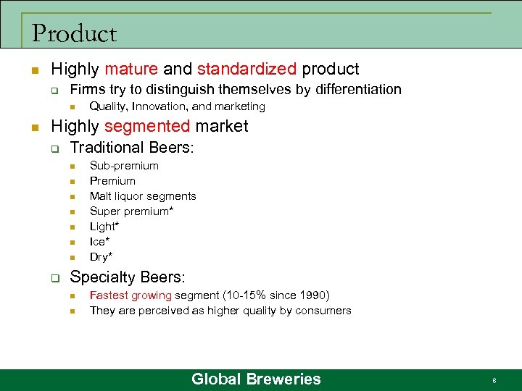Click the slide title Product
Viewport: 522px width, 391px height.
tap(74, 33)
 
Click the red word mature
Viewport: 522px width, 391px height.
tap(130, 70)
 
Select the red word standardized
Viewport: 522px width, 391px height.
tap(246, 70)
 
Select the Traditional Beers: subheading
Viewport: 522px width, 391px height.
tap(132, 148)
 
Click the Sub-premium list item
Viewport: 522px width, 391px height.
tap(124, 166)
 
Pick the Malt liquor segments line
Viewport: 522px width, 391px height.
tap(143, 196)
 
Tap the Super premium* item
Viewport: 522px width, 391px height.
tap(133, 211)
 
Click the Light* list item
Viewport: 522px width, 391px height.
tap(104, 227)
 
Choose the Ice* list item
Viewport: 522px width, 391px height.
tap(100, 242)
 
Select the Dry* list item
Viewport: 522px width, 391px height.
tap(101, 257)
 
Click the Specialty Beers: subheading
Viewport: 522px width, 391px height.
tap(128, 277)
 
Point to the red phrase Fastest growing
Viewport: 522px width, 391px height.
tap(130, 295)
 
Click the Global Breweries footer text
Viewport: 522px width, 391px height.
tap(256, 379)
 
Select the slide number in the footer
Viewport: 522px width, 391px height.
tap(494, 380)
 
